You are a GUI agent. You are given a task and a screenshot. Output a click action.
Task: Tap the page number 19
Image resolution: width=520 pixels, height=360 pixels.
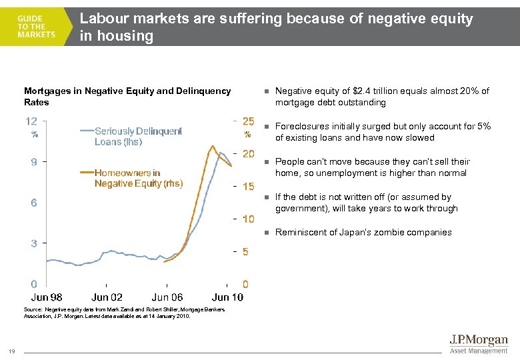13,352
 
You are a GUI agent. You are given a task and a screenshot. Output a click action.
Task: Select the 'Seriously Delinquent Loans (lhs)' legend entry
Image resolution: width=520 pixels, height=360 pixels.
137,136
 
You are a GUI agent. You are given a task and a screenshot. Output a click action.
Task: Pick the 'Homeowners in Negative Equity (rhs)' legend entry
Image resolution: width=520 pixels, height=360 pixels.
138,178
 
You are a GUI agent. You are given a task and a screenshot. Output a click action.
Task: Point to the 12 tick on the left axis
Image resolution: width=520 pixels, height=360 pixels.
31,121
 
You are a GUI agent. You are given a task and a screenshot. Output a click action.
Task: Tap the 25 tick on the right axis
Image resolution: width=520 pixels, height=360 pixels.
248,121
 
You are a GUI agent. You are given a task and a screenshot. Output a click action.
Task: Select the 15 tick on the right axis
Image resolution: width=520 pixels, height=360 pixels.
248,187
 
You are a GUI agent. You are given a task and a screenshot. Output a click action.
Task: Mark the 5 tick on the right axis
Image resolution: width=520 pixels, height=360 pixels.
246,251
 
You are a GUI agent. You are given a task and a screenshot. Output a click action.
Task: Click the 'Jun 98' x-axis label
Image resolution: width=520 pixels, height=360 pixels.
47,297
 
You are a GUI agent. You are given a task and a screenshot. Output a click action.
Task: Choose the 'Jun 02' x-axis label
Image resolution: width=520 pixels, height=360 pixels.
107,297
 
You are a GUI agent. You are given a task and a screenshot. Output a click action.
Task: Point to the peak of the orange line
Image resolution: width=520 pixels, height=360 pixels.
212,145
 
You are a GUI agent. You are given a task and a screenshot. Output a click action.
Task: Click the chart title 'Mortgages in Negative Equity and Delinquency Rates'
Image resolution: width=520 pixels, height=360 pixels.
127,96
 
